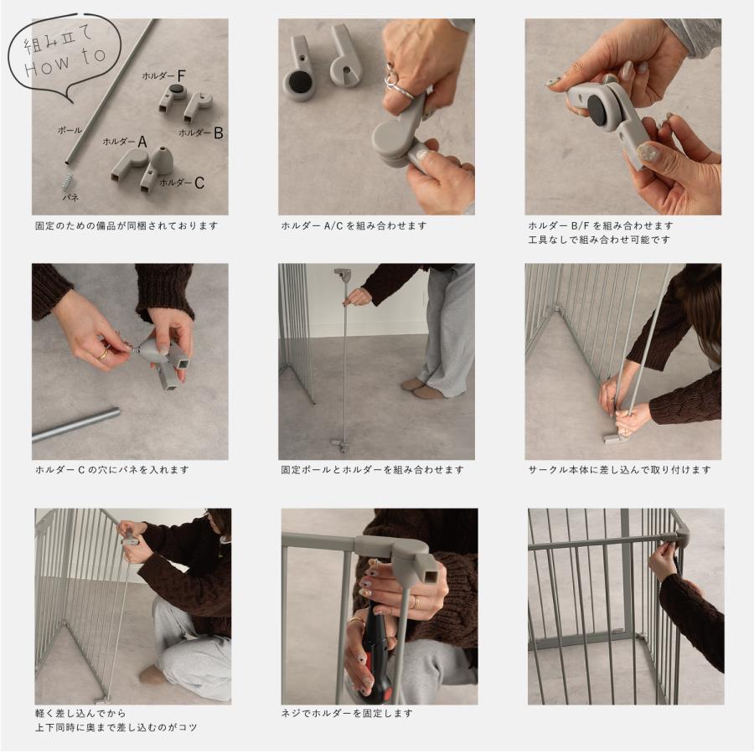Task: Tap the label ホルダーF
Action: pyautogui.click(x=163, y=75)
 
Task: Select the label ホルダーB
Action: pyautogui.click(x=200, y=132)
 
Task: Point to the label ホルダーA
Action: pyautogui.click(x=125, y=142)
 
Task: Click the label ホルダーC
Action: pyautogui.click(x=182, y=183)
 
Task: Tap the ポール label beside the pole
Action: pyautogui.click(x=70, y=130)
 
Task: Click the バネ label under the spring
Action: pyautogui.click(x=70, y=197)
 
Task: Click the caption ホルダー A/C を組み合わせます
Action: pyautogui.click(x=354, y=225)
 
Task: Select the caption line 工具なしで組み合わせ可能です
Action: pyautogui.click(x=599, y=240)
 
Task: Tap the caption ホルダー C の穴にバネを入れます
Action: pyautogui.click(x=112, y=470)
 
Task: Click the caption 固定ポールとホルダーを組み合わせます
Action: pyautogui.click(x=373, y=470)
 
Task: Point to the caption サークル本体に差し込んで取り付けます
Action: pyautogui.click(x=619, y=470)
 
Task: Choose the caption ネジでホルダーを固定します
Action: pyautogui.click(x=347, y=714)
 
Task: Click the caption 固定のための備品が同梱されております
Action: pyautogui.click(x=127, y=225)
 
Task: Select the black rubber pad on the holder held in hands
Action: pyautogui.click(x=597, y=109)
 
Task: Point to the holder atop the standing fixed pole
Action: pyautogui.click(x=343, y=275)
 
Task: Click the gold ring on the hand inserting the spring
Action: pyautogui.click(x=103, y=355)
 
